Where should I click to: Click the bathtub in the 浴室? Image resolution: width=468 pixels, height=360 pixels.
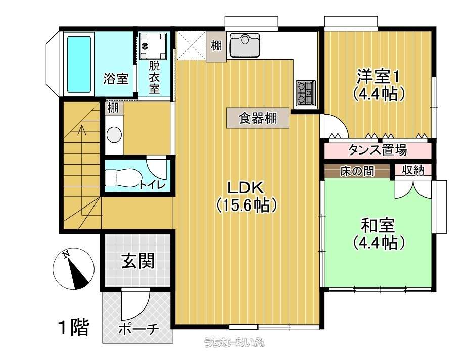click(x=79, y=65)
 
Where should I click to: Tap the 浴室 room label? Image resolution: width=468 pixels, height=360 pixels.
click(x=116, y=79)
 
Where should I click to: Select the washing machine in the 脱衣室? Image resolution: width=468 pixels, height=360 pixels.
click(x=153, y=46)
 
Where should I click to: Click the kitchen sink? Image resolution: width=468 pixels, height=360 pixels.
click(x=245, y=45)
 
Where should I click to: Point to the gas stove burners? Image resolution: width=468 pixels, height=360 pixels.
click(x=305, y=92)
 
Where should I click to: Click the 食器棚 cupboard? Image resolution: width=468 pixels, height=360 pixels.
click(x=258, y=118)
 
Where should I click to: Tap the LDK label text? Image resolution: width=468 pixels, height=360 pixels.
click(x=246, y=188)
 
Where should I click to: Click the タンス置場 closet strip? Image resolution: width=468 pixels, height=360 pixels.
click(x=378, y=150)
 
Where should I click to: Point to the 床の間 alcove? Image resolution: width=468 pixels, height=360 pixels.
click(x=357, y=171)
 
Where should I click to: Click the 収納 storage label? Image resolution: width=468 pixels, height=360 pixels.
click(x=413, y=170)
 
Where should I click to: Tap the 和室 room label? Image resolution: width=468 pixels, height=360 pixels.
click(x=378, y=225)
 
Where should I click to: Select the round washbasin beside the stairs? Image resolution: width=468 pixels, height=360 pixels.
click(x=114, y=134)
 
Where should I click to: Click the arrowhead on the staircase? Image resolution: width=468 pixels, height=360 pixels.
click(x=81, y=129)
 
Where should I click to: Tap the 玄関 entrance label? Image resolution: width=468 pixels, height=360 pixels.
click(x=138, y=261)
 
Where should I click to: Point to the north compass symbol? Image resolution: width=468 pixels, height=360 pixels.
click(x=73, y=269)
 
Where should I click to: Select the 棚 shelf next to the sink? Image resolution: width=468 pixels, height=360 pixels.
click(x=216, y=46)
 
